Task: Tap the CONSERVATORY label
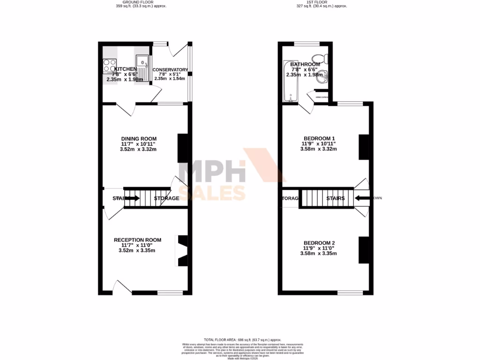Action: [170, 70]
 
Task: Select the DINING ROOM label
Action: [138, 138]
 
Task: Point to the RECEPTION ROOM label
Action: [137, 240]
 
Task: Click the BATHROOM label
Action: [305, 64]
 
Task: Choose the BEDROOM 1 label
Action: [319, 138]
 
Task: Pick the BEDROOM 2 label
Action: [319, 242]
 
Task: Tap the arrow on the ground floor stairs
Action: [132, 198]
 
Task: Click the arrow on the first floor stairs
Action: [361, 198]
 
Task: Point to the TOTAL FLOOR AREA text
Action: [242, 339]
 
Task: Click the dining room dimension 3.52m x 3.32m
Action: [138, 150]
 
